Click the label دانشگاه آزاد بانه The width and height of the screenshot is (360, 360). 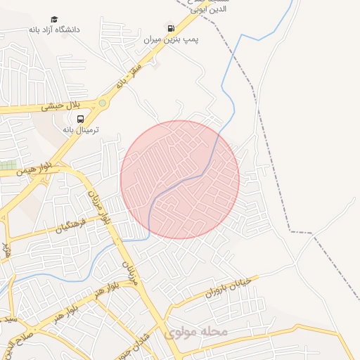tap(54, 30)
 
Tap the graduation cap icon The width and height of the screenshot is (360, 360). tap(55, 19)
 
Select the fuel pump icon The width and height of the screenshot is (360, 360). tap(171, 28)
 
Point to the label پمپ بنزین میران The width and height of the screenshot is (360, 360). tap(172, 41)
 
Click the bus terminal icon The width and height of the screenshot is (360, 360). tap(80, 118)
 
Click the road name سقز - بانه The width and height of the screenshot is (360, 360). tap(129, 75)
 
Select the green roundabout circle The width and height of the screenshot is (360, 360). tap(103, 103)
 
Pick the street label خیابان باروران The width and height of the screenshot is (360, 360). tap(222, 288)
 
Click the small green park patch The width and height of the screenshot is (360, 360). tap(8, 165)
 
